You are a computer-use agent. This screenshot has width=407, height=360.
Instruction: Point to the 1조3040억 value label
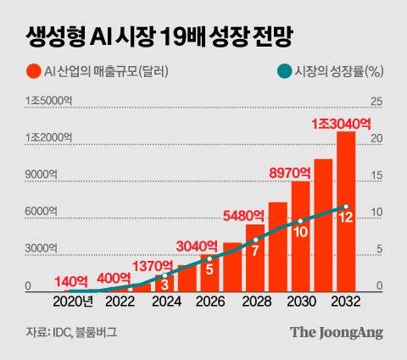tap(343, 124)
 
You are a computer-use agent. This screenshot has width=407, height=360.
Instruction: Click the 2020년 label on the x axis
tap(75, 301)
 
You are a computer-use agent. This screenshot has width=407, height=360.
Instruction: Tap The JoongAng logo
tap(337, 332)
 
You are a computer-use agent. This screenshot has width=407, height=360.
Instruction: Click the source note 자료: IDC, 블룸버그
tap(67, 332)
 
